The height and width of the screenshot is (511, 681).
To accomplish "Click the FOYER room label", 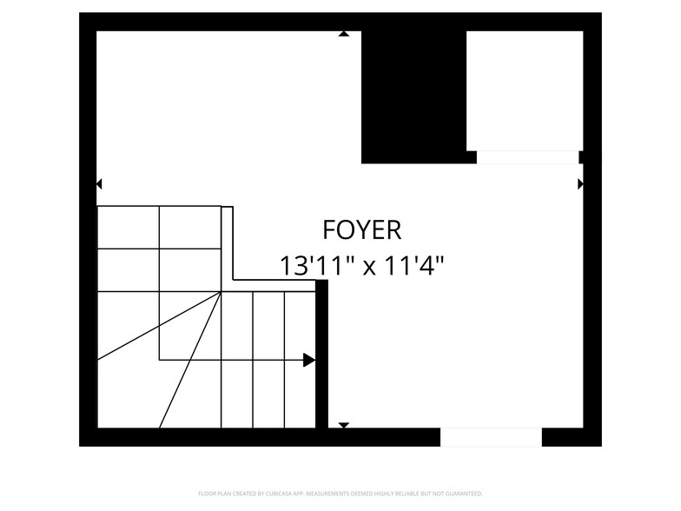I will pos(361,230).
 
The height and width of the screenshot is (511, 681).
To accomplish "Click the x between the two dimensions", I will pos(368,267).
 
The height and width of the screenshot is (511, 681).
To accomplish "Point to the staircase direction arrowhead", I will pos(309,360).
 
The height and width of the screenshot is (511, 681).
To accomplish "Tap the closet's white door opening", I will pos(527,157).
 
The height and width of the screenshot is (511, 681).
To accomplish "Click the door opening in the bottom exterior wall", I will pos(491,437).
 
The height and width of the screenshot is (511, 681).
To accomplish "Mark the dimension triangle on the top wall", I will pos(344,34).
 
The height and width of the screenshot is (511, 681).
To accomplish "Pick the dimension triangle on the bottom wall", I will pos(343,425).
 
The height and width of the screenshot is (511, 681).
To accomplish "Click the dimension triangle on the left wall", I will pos(99,184).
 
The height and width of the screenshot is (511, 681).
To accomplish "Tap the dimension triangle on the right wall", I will pos(580,184).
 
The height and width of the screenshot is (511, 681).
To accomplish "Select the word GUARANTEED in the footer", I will pos(464,493).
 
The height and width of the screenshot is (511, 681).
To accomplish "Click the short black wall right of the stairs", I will pos(321,356).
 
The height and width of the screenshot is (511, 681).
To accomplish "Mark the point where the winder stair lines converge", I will pos(221,292).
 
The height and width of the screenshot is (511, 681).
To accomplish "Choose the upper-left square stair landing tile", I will pos(128,227).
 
